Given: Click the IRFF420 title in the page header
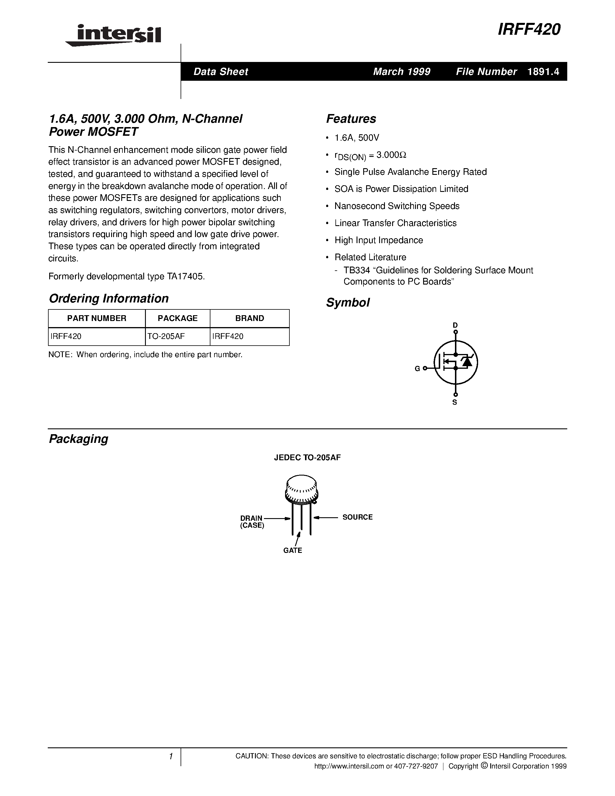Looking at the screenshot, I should tap(529, 30).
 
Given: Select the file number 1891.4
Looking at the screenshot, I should tap(543, 72).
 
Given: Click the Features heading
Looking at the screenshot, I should tap(351, 119).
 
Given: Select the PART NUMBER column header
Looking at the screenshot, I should tap(97, 318).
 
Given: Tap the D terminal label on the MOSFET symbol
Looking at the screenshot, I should tap(455, 325).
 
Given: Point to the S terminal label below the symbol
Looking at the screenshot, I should tap(455, 402).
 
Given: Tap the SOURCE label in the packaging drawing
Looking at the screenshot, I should tap(357, 517).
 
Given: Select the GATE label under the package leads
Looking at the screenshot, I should tap(293, 550).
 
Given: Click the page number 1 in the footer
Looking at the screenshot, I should tap(170, 757).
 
